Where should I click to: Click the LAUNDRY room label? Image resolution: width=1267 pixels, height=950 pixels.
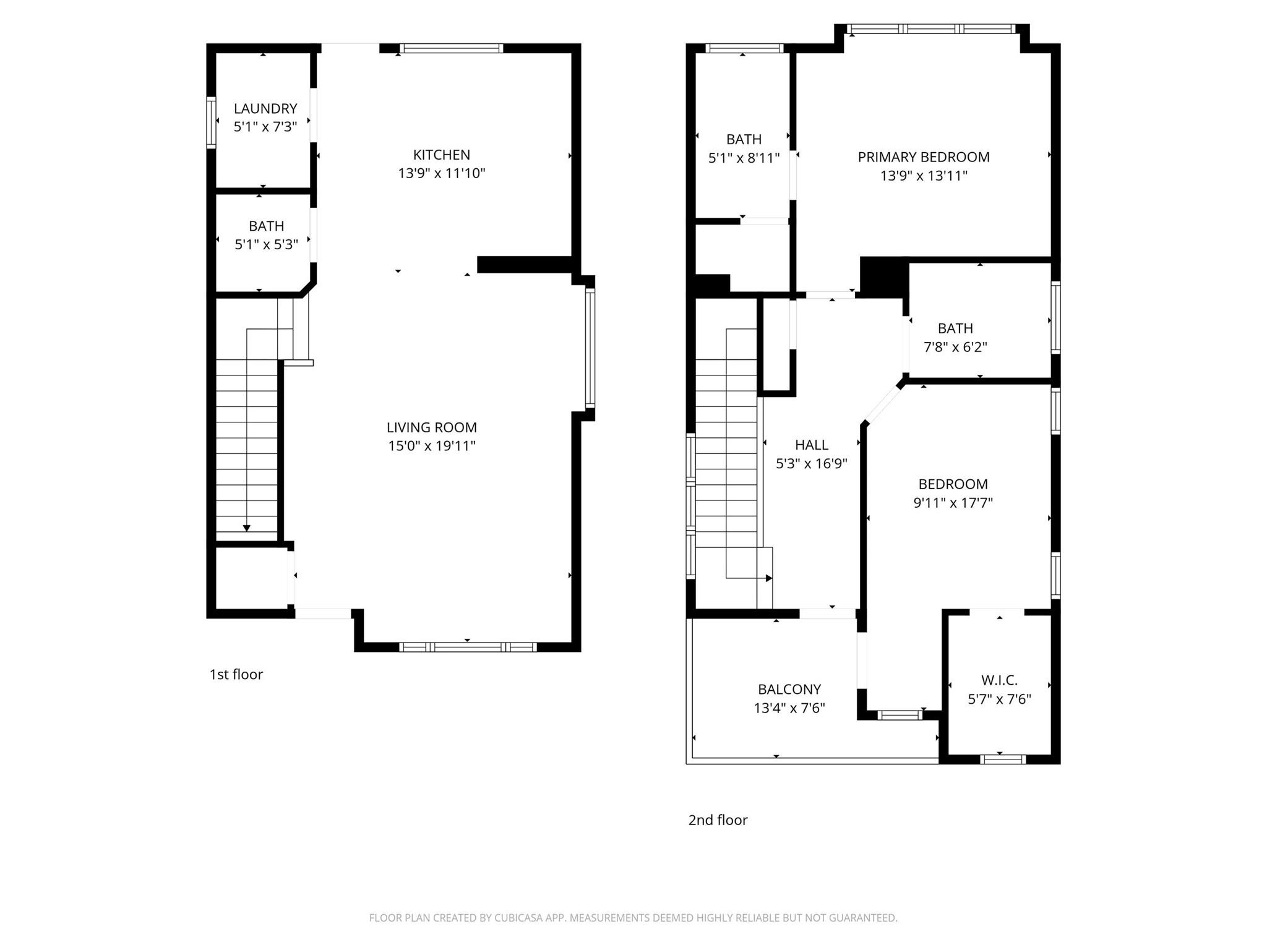tap(265, 108)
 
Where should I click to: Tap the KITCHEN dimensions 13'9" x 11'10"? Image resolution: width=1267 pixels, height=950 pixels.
tap(441, 173)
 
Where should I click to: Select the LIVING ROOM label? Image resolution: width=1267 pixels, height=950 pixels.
tap(431, 427)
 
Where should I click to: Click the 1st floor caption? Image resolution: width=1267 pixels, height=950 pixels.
tap(236, 674)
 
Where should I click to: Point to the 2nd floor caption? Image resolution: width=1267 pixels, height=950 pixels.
tap(718, 820)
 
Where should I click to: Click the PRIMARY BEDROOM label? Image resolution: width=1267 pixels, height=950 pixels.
tap(923, 157)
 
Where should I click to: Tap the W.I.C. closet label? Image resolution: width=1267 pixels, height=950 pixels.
tap(999, 680)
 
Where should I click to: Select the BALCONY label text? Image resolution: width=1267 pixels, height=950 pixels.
tap(789, 689)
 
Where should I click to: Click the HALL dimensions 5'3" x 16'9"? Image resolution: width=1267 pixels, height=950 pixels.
tap(811, 464)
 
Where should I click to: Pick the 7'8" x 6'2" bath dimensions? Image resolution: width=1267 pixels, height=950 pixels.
tap(955, 347)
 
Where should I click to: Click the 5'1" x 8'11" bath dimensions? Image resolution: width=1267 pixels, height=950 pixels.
tap(744, 158)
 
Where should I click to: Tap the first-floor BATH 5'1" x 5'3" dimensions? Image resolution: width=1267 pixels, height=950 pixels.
tap(266, 244)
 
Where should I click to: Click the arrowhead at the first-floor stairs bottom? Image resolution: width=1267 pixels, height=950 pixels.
tap(247, 528)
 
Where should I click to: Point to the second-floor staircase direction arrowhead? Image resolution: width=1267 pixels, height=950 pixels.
tap(769, 578)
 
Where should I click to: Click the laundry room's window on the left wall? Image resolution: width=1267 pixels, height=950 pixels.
tap(212, 122)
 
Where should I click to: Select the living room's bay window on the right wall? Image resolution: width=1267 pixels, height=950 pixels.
tap(590, 348)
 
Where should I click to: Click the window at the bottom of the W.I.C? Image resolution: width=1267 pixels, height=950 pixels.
tap(1003, 759)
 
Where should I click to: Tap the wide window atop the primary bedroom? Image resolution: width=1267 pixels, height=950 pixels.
tap(931, 28)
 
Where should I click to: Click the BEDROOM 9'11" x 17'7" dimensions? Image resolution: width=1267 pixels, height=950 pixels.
tap(953, 503)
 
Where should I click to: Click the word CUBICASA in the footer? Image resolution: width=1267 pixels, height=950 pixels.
tap(519, 918)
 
